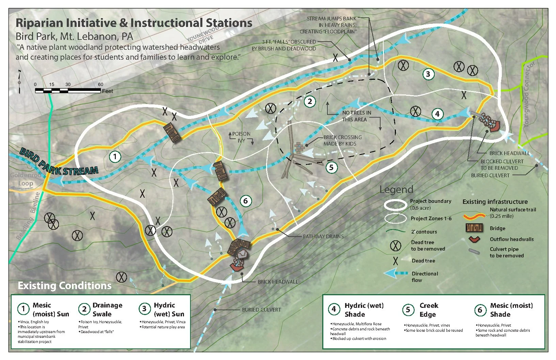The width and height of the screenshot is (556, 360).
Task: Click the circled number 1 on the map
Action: (x=115, y=156)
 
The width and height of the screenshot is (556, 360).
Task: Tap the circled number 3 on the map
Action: (x=428, y=74)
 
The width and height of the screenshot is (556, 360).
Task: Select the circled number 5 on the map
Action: (x=331, y=167)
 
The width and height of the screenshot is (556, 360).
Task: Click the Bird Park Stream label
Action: (x=59, y=162)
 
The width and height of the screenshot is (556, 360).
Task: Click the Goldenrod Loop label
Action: (x=25, y=179)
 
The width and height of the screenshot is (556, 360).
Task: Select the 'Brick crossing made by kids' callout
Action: (x=342, y=140)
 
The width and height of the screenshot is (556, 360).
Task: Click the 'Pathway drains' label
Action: (x=323, y=236)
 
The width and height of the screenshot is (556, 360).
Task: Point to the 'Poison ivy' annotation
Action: (x=241, y=137)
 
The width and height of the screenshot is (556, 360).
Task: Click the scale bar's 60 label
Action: (x=101, y=84)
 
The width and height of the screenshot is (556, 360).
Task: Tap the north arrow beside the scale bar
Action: (x=20, y=82)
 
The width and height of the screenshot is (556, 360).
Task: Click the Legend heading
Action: (x=396, y=190)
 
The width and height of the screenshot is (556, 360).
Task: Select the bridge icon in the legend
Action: (x=474, y=228)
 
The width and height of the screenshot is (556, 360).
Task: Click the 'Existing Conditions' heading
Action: (x=64, y=285)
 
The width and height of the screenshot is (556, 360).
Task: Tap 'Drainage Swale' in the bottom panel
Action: (x=107, y=310)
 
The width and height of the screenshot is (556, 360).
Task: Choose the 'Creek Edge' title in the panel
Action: (x=429, y=310)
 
